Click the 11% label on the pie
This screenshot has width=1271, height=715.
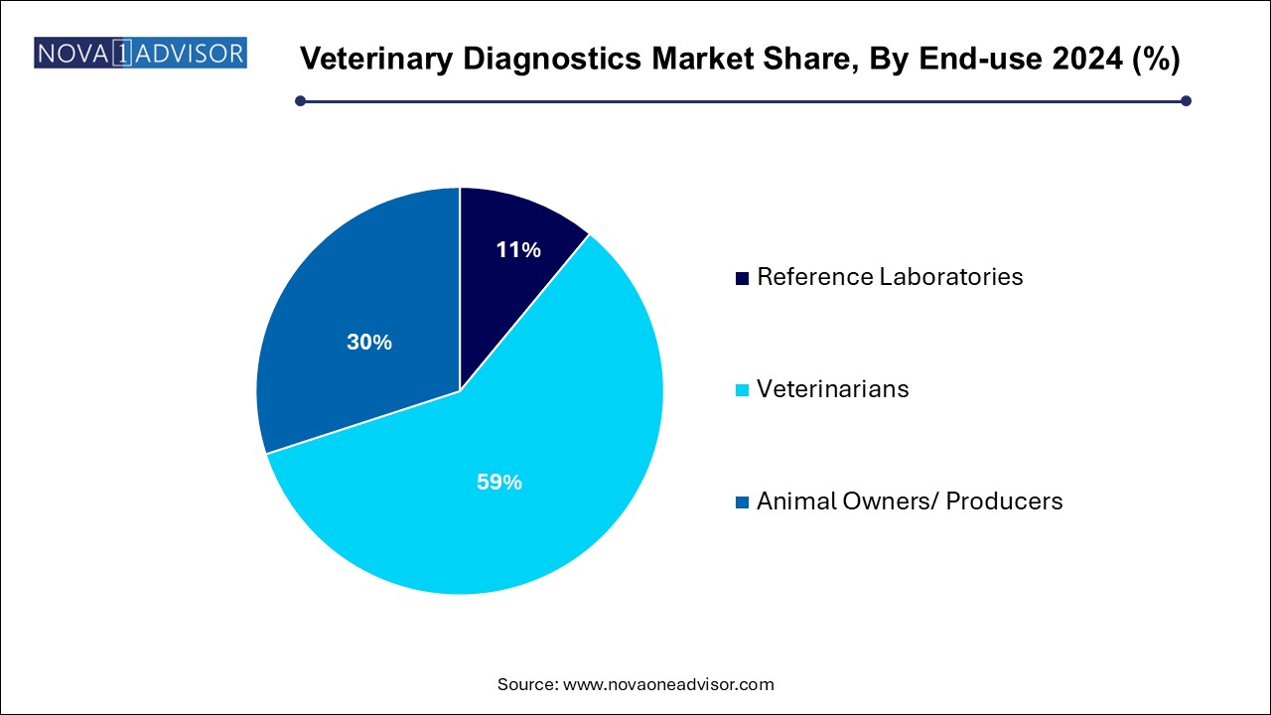518,249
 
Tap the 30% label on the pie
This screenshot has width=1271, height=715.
369,342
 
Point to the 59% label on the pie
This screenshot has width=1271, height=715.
499,482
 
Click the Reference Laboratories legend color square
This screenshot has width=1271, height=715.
742,279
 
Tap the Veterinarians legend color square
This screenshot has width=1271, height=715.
742,390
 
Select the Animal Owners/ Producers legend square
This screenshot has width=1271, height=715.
742,502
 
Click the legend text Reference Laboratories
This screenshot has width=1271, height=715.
890,277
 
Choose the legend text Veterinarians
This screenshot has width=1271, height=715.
833,389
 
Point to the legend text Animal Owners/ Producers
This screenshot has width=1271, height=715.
910,501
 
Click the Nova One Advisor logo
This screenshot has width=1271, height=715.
140,53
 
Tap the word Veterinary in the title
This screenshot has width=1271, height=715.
376,59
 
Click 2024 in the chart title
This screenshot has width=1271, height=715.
1087,58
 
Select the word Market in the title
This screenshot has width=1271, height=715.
702,58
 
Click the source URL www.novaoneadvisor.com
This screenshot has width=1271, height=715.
668,684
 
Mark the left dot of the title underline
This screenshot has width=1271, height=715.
301,101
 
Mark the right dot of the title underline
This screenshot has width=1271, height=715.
1186,101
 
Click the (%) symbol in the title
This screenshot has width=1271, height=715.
1156,59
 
